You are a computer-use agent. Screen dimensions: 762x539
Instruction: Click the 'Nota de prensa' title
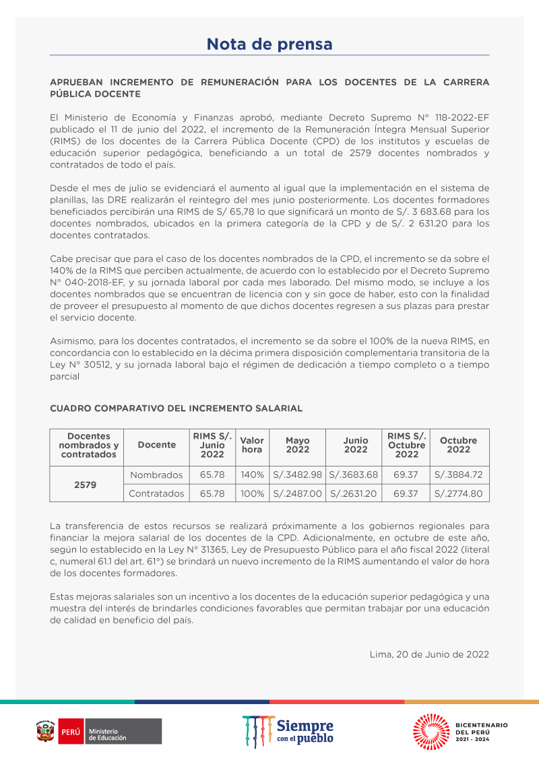click(x=269, y=44)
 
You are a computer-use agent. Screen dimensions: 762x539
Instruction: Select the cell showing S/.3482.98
click(x=298, y=475)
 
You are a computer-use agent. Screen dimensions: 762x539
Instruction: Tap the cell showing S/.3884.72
click(x=459, y=475)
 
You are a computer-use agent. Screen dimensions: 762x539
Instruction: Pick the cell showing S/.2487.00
click(x=298, y=493)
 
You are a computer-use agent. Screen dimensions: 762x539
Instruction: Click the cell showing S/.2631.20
click(x=354, y=493)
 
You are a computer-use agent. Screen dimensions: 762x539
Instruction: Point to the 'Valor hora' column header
click(x=252, y=445)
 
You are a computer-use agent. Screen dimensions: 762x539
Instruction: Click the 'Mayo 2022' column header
click(x=298, y=445)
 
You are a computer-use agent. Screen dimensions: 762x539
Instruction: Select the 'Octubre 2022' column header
click(x=459, y=445)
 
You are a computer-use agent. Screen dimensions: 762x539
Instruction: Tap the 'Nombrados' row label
click(x=156, y=475)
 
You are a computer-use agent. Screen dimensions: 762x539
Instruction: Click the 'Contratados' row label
click(x=156, y=493)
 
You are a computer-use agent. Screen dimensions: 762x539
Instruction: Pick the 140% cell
click(x=252, y=475)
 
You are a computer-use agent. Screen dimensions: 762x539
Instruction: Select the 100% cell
click(x=252, y=493)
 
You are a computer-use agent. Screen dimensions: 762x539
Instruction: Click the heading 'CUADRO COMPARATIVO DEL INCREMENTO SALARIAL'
click(x=177, y=409)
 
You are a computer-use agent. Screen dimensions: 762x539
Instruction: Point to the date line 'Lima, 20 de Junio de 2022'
click(x=429, y=654)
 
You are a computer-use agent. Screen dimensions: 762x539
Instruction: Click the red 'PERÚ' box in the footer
click(x=71, y=732)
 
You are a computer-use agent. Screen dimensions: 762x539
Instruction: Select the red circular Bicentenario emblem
click(x=431, y=731)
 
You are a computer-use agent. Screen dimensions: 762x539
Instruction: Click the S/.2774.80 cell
click(x=459, y=493)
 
